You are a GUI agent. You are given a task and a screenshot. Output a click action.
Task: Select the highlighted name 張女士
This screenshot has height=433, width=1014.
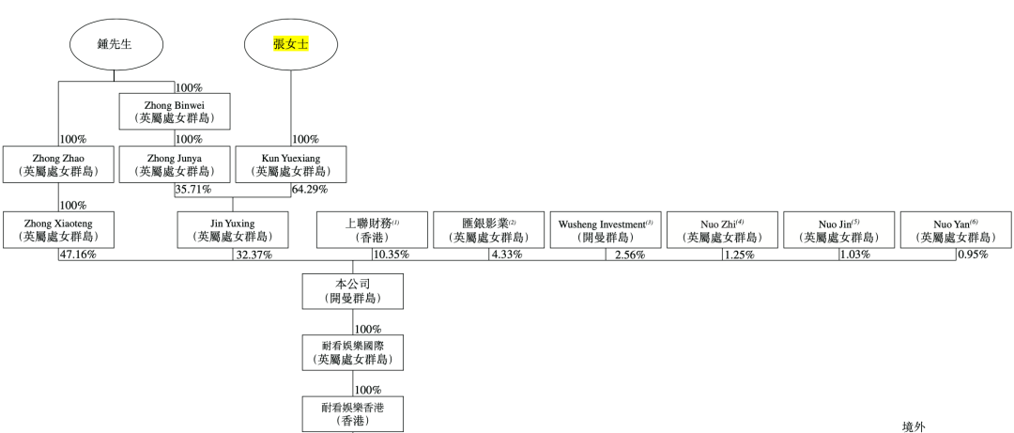[290, 43]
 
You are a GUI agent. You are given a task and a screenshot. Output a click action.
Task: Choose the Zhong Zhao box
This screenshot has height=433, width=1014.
[58, 164]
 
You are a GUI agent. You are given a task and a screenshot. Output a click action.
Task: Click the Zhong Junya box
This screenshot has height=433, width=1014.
[176, 164]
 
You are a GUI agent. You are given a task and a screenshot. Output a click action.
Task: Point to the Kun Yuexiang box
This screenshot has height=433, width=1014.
[290, 164]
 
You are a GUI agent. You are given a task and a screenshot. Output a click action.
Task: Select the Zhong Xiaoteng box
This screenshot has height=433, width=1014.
[58, 230]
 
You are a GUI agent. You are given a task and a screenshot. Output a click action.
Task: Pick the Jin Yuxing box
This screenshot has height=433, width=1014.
[234, 230]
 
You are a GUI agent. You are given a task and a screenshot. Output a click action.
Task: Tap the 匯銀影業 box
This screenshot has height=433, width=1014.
[489, 230]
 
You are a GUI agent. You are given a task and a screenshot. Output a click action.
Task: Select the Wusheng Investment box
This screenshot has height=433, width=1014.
[606, 230]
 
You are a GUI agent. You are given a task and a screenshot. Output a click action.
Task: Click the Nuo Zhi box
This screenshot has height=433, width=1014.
[722, 230]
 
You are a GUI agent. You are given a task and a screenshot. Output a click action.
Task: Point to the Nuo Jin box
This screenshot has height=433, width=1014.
[838, 230]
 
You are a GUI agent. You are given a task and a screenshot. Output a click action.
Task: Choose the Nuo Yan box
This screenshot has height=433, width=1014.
[956, 230]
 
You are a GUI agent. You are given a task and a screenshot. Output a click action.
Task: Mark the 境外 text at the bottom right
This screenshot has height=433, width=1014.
[914, 425]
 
